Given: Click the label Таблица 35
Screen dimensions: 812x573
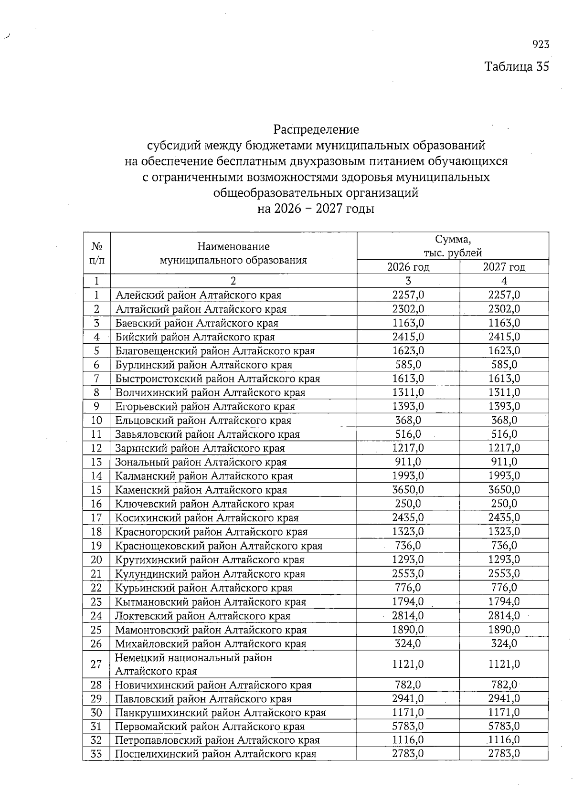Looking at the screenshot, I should tap(517, 66).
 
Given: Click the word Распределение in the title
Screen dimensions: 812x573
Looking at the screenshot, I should tap(316, 129).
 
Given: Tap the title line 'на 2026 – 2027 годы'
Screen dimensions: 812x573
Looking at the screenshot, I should tap(316, 209).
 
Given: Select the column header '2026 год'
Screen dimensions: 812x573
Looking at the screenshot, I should tap(408, 267).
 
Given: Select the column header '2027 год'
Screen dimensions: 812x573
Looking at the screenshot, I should tap(504, 267).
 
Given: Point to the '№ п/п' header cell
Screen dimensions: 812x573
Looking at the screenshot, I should tap(97, 253).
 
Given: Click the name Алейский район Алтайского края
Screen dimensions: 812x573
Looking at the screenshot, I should tap(198, 295).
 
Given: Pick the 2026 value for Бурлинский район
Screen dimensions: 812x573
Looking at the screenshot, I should tap(408, 365).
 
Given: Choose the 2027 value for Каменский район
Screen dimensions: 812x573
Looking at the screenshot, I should tap(504, 490).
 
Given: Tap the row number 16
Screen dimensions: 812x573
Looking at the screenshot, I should tap(96, 504).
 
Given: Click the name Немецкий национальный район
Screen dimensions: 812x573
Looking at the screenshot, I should tap(193, 658).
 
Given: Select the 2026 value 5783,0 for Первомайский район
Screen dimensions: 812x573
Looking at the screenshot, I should tap(408, 726).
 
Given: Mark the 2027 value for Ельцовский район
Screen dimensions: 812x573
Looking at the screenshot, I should tap(504, 420).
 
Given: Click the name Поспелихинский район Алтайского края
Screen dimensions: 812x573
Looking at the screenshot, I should tap(215, 754).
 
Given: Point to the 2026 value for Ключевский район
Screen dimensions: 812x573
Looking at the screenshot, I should tap(408, 504).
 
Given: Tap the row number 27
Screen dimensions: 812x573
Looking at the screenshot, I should tap(96, 664).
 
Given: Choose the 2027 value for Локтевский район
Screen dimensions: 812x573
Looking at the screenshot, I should tap(504, 615).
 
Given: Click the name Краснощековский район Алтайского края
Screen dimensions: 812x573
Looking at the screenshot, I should tap(219, 546).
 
